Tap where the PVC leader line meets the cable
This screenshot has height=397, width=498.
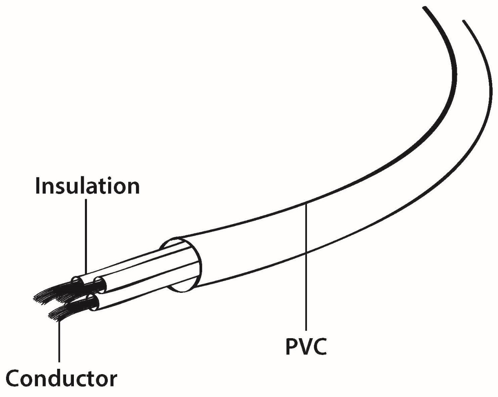[x=306, y=203]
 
